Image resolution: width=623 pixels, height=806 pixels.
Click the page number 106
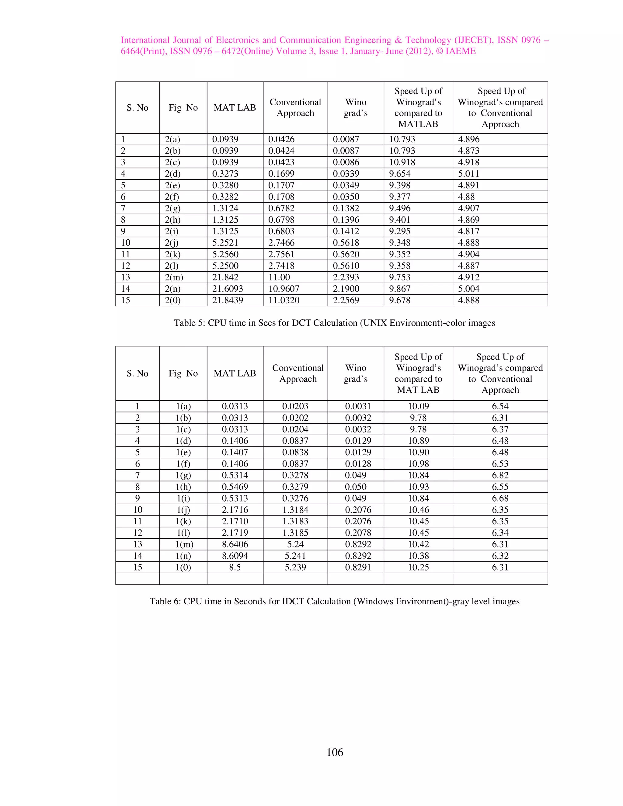pos(334,752)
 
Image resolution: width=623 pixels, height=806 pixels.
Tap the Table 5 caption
pos(334,323)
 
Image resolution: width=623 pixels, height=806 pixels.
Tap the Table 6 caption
pos(334,601)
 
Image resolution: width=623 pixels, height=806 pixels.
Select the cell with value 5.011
pos(468,174)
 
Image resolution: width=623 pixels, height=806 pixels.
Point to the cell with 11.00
pos(279,277)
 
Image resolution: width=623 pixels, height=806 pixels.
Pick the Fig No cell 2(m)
pos(174,277)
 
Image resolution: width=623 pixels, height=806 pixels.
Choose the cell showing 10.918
pos(402,162)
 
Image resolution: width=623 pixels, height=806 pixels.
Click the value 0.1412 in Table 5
pos(346,231)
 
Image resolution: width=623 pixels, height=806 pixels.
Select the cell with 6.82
pos(500,475)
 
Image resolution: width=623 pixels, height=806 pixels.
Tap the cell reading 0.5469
pos(235,487)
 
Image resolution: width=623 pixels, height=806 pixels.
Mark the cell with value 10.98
pos(418,464)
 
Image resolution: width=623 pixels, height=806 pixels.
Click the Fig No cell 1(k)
pos(183,521)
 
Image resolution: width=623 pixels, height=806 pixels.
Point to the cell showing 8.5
pos(235,567)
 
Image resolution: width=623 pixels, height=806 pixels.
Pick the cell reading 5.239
pos(295,567)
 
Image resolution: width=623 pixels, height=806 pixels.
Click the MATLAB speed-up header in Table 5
pos(418,107)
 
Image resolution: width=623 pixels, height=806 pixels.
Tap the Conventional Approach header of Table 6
pos(298,373)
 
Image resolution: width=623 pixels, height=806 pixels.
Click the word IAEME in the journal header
pos(460,51)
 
